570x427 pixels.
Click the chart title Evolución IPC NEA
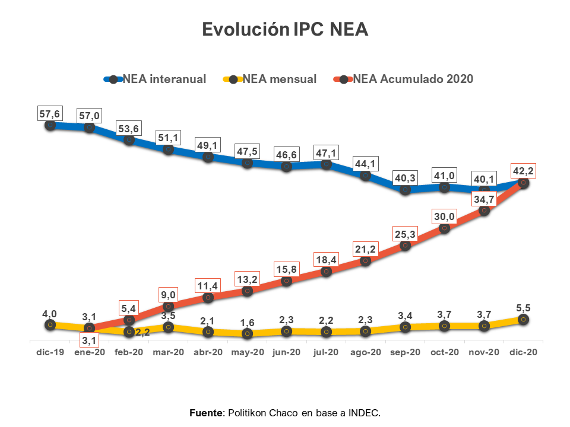click(285, 30)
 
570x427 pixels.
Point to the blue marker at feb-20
click(129, 140)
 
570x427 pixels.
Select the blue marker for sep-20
click(405, 190)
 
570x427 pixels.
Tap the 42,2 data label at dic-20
click(523, 171)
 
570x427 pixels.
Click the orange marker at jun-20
click(287, 281)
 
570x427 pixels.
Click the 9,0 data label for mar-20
click(168, 294)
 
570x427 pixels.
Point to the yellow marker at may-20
click(248, 333)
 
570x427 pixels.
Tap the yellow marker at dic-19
click(50, 324)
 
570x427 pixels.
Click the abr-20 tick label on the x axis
click(208, 352)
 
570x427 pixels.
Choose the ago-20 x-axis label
click(365, 352)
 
